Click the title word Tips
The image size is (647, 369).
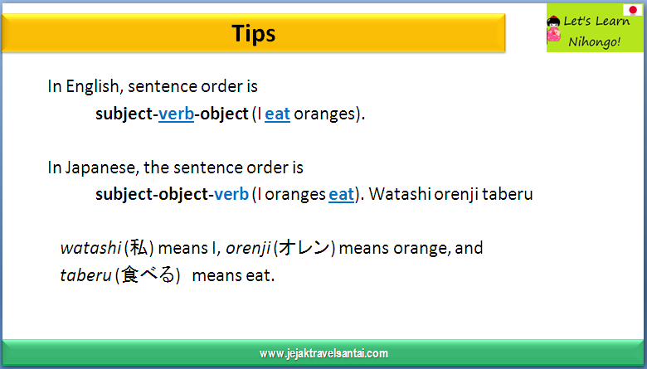click(253, 33)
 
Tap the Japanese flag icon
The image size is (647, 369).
click(632, 9)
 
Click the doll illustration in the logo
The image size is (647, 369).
click(554, 29)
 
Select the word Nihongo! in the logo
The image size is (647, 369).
click(594, 41)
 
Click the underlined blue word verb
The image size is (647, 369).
click(176, 114)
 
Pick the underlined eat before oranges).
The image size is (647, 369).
click(277, 114)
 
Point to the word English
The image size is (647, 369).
click(93, 86)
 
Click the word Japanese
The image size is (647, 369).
click(101, 168)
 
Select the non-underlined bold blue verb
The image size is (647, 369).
click(231, 194)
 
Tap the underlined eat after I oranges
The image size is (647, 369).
click(341, 194)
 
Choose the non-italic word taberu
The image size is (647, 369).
click(507, 194)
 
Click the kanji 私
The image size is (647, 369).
click(139, 248)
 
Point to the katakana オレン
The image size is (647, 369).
click(304, 248)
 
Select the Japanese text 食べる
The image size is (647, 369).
click(148, 275)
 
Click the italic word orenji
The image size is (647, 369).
click(248, 248)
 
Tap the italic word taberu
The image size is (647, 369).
click(85, 275)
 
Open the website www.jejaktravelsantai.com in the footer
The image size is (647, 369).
click(323, 353)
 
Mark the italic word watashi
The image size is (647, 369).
click(90, 248)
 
